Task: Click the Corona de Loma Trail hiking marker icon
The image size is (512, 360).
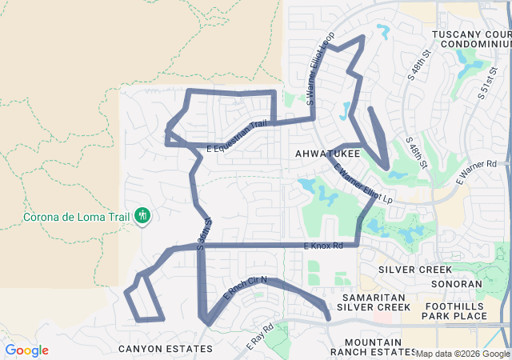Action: tap(143, 215)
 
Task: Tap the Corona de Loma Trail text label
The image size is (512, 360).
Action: tap(77, 215)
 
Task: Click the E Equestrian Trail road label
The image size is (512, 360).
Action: tap(237, 137)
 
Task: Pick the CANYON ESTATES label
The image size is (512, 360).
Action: tap(166, 349)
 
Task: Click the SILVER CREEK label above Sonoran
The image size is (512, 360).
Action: tap(415, 270)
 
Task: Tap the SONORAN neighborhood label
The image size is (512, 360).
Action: tap(455, 284)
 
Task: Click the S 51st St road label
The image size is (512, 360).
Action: tap(488, 80)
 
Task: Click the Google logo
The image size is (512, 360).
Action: tap(26, 350)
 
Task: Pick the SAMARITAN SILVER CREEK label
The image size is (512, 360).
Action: tap(373, 302)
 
